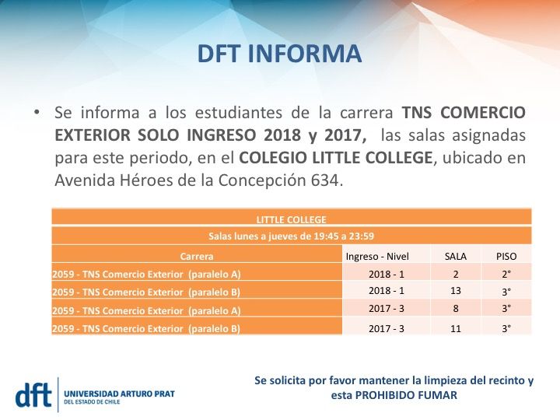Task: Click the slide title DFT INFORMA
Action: click(x=280, y=54)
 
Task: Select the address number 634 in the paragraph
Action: click(x=325, y=179)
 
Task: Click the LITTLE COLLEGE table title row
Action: click(x=291, y=219)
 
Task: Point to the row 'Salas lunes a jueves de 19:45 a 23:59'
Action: click(x=291, y=236)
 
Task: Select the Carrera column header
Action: click(x=197, y=255)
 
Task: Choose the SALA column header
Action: click(x=455, y=255)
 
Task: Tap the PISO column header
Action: click(x=506, y=255)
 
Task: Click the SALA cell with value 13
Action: click(x=456, y=291)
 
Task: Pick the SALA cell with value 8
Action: click(x=456, y=309)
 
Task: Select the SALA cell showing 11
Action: click(x=456, y=328)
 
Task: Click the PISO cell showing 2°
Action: click(x=506, y=274)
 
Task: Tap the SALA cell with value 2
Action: click(x=456, y=274)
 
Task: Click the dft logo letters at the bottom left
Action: click(x=35, y=394)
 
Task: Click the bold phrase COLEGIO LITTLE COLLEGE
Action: click(x=335, y=156)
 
